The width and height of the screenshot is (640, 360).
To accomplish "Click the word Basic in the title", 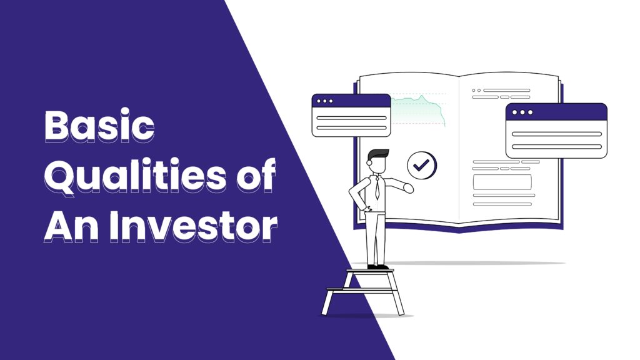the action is pyautogui.click(x=99, y=126).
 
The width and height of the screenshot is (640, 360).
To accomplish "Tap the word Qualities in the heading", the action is pyautogui.click(x=135, y=176).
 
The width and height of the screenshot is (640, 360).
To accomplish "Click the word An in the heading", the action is pyautogui.click(x=71, y=226).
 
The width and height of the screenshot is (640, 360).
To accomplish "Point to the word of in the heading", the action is pyautogui.click(x=256, y=175).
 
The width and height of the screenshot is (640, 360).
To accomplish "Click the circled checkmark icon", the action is pyautogui.click(x=422, y=165).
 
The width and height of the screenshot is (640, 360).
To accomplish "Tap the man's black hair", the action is pyautogui.click(x=378, y=154).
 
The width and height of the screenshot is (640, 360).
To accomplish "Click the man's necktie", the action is pyautogui.click(x=377, y=187).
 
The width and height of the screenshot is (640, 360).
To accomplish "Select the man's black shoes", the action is pyautogui.click(x=377, y=267).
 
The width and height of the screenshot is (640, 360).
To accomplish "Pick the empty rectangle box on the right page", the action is pyautogui.click(x=502, y=182).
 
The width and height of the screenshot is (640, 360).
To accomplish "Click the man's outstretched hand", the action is pyautogui.click(x=408, y=187).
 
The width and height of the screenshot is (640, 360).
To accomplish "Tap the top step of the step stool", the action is pyautogui.click(x=370, y=271).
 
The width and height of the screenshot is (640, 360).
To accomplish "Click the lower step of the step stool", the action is pyautogui.click(x=361, y=290).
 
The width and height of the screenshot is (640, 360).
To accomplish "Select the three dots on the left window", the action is pyautogui.click(x=325, y=101).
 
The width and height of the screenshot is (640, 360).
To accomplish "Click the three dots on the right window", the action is pyautogui.click(x=522, y=112).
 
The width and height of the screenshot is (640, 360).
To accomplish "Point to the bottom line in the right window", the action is pyautogui.click(x=557, y=146).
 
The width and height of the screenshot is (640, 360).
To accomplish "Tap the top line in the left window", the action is pyautogui.click(x=351, y=118).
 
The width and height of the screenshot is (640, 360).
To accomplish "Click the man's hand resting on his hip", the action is pyautogui.click(x=366, y=209).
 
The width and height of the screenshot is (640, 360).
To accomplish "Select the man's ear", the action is pyautogui.click(x=369, y=162).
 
